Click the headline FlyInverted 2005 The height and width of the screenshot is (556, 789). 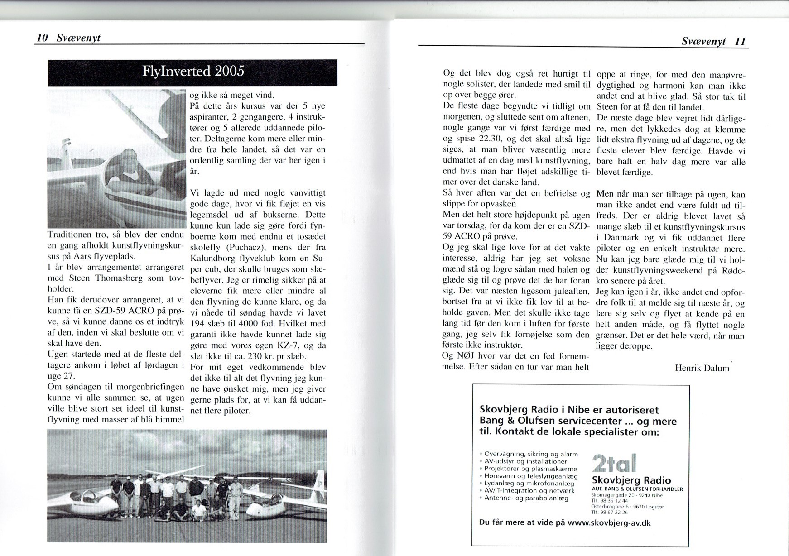(x=193, y=72)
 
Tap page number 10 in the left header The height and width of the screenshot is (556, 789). (x=42, y=38)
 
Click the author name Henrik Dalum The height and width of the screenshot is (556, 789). (x=702, y=368)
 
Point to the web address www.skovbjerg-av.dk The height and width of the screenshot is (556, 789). (x=609, y=522)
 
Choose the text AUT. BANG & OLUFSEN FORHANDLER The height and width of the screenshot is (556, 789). (x=637, y=489)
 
